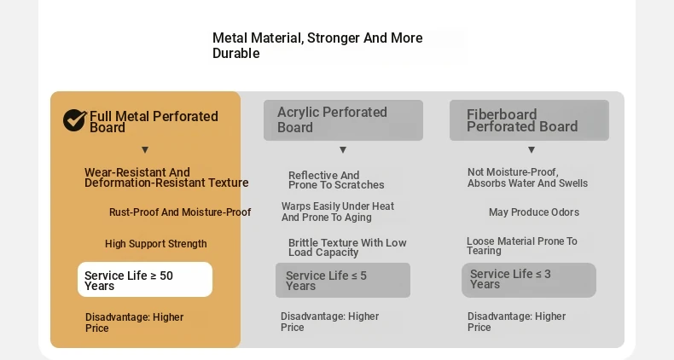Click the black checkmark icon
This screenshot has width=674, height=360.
(x=75, y=119)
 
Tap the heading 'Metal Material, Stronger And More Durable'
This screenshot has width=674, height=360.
(x=317, y=45)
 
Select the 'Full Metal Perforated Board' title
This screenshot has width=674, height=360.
(x=154, y=122)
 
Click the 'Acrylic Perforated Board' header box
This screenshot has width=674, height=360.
(x=344, y=120)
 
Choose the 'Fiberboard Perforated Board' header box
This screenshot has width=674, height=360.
(x=529, y=120)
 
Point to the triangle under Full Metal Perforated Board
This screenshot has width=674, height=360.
(x=145, y=150)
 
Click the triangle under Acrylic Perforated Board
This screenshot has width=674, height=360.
(x=343, y=150)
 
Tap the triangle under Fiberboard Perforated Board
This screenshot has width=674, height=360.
(x=532, y=150)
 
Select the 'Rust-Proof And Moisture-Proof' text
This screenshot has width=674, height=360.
(x=180, y=212)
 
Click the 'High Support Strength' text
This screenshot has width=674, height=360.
(x=155, y=244)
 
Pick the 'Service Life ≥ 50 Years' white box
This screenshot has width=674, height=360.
(x=145, y=279)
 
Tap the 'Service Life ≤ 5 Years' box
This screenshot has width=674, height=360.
(x=343, y=280)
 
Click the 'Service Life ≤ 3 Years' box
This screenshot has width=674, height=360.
(x=529, y=280)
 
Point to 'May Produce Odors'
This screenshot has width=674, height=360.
(x=534, y=212)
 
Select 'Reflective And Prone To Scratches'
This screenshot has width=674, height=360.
(x=336, y=180)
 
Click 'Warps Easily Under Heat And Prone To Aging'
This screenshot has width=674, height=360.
(x=338, y=212)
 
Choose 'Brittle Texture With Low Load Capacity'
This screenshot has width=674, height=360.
(x=347, y=247)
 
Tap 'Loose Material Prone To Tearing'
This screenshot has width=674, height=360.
(x=522, y=246)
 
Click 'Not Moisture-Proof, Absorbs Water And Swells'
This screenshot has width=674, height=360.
(x=527, y=177)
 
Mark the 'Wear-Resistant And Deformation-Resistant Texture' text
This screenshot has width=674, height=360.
(x=166, y=177)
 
